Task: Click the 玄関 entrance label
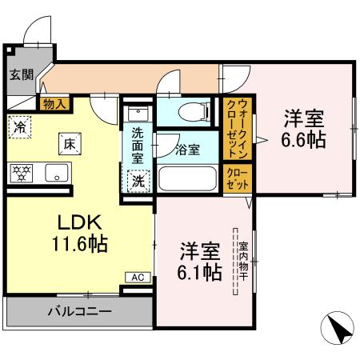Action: (x=21, y=75)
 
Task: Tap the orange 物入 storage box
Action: (x=54, y=102)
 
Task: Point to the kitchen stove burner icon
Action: (x=19, y=171)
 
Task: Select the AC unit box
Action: (x=137, y=277)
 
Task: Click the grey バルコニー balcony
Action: (x=78, y=311)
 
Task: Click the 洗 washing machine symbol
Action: (x=138, y=181)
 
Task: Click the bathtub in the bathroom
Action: (x=188, y=177)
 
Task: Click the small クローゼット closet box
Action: (x=238, y=178)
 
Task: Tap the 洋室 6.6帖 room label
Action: (x=302, y=130)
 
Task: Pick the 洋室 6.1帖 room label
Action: (x=199, y=261)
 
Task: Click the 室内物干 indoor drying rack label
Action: (x=237, y=261)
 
